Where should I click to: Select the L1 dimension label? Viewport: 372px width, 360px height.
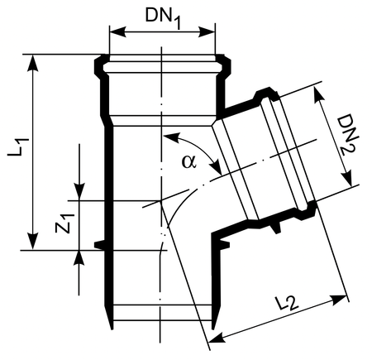[x=18, y=147]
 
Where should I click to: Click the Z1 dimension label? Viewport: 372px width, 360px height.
[x=64, y=223]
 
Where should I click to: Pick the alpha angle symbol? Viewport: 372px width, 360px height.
[x=189, y=161]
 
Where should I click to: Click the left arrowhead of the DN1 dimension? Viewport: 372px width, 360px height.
[x=118, y=32]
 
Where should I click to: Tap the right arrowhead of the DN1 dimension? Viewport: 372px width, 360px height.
[x=207, y=32]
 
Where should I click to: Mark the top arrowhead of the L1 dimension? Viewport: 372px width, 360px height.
[x=33, y=64]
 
